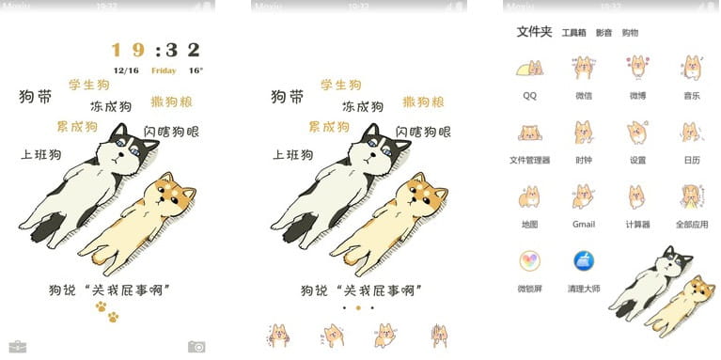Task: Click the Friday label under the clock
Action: point(164,70)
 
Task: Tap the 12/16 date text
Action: point(126,70)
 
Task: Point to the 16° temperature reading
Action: point(195,70)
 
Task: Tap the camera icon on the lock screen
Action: point(196,347)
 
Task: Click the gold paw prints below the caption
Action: point(106,311)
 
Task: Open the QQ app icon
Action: point(529,69)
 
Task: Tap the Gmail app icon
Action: point(583,197)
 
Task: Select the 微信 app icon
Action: point(583,69)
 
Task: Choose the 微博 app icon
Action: point(637,69)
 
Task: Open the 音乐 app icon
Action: point(691,69)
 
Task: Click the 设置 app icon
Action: point(637,133)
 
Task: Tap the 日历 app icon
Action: point(691,133)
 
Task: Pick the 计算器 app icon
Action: point(637,197)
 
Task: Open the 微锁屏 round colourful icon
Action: point(529,261)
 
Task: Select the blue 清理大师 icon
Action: point(583,261)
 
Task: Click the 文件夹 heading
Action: point(534,32)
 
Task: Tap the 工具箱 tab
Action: point(573,33)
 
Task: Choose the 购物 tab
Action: point(630,33)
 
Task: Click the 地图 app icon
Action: point(529,197)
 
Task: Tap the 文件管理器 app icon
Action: point(529,133)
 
